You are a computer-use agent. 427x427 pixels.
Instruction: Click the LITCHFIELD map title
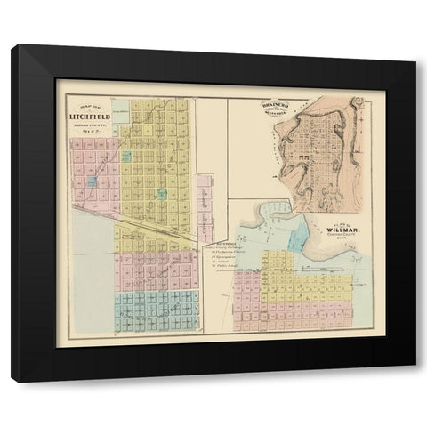tap(90, 115)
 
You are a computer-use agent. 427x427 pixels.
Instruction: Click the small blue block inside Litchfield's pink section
tap(93, 182)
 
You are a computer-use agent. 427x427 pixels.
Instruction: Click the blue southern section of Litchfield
tap(156, 310)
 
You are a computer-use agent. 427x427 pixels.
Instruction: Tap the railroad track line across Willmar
tap(311, 266)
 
